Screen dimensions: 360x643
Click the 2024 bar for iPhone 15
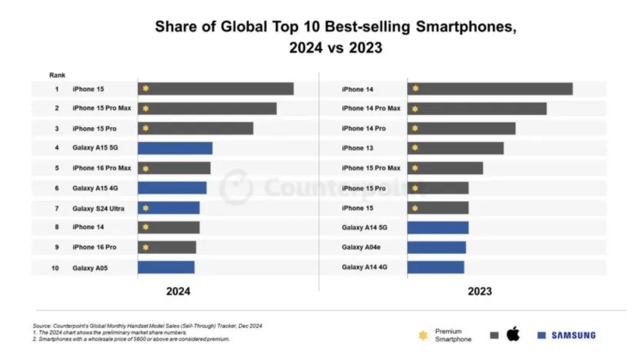click(216, 89)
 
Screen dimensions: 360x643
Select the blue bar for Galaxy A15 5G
click(175, 148)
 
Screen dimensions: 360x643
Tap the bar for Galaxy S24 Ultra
click(169, 208)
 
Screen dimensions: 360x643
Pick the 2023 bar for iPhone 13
click(455, 148)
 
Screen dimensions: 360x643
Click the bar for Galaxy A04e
click(436, 248)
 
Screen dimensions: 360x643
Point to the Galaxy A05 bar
click(166, 267)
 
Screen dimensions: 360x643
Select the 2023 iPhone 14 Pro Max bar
click(477, 109)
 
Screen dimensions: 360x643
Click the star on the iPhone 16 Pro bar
click(146, 248)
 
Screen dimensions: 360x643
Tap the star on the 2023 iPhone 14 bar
click(415, 89)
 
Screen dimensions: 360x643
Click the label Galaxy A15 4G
click(95, 188)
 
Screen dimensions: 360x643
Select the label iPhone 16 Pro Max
click(102, 168)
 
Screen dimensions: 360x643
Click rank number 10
click(56, 268)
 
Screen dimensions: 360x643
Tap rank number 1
click(56, 89)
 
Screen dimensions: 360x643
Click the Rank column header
click(57, 75)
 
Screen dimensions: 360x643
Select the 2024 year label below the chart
click(178, 291)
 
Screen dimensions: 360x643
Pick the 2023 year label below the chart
click(479, 291)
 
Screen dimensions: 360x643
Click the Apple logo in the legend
click(513, 335)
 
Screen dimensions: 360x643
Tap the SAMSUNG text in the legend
click(573, 335)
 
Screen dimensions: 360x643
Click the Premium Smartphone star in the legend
click(423, 335)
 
